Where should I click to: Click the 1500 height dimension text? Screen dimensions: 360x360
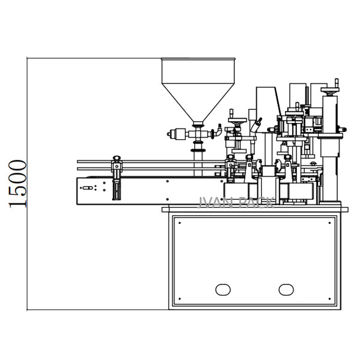click(x=17, y=184)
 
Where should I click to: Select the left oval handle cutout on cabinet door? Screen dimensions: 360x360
click(x=223, y=290)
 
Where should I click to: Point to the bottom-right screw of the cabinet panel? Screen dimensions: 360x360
click(x=330, y=299)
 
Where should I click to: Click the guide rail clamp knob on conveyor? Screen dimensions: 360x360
click(x=116, y=160)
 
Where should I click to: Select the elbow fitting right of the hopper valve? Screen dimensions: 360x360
click(x=219, y=130)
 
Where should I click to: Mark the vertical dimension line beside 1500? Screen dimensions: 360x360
click(x=28, y=184)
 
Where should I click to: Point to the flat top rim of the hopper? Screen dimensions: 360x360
click(x=197, y=59)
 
